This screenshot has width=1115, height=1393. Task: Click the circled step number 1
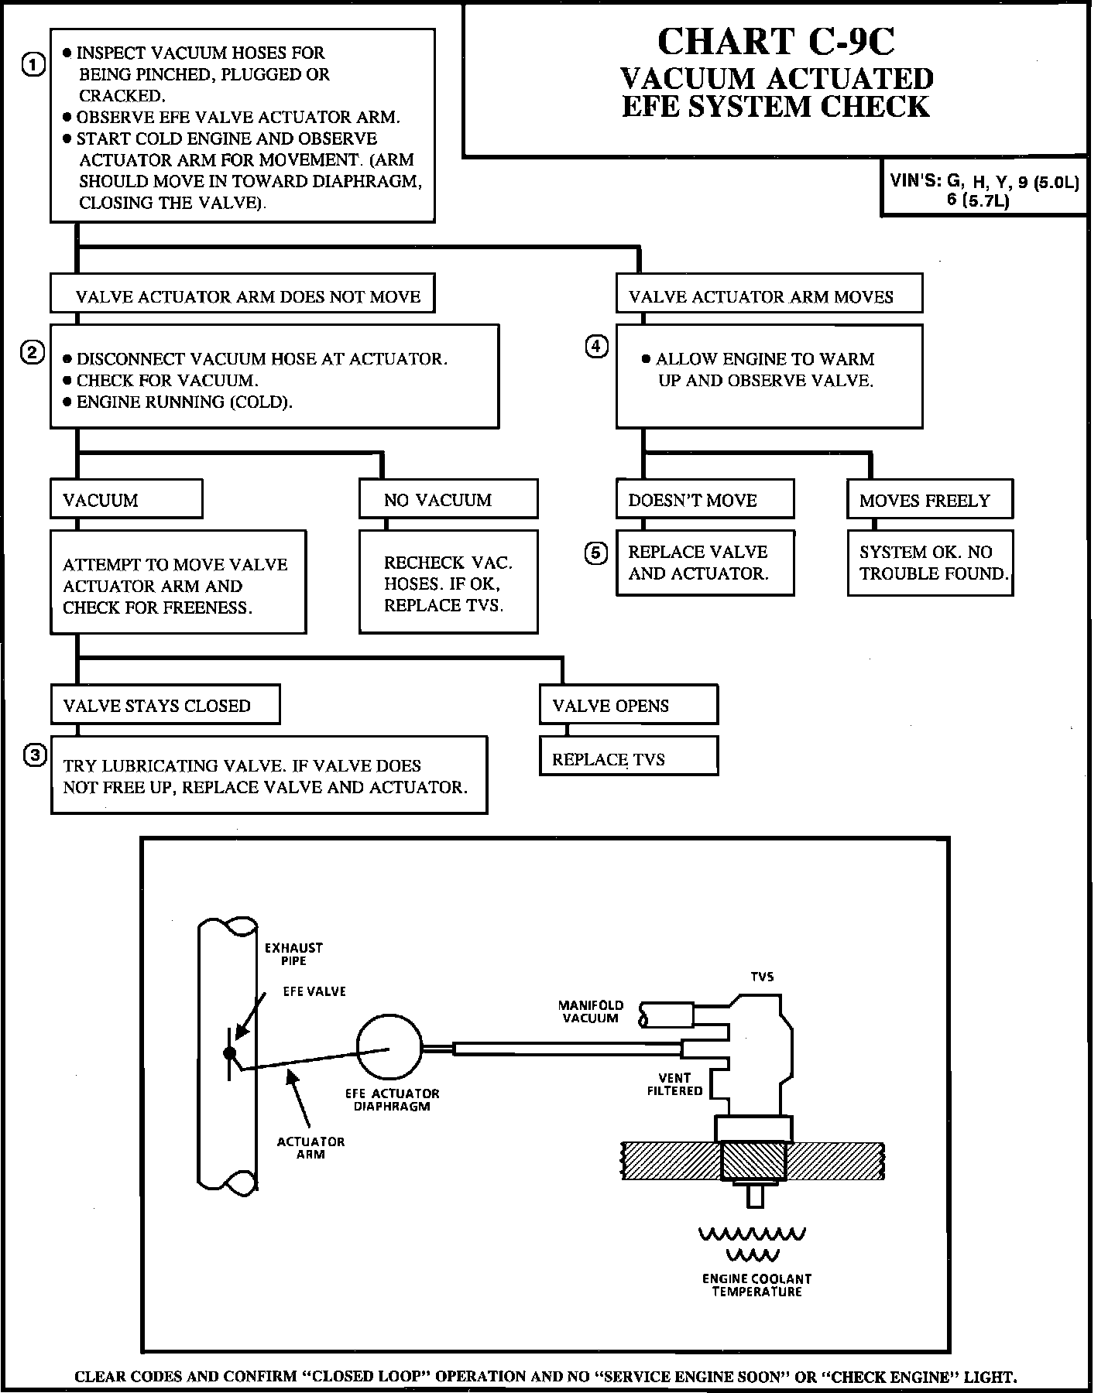pyautogui.click(x=33, y=65)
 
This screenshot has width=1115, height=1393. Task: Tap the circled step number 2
pyautogui.click(x=32, y=354)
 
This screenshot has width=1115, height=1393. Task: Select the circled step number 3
pyautogui.click(x=35, y=755)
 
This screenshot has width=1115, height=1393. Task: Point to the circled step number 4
pyautogui.click(x=596, y=347)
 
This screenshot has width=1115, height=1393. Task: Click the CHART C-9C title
pyautogui.click(x=776, y=42)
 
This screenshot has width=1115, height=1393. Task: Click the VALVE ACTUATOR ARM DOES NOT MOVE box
pyautogui.click(x=242, y=293)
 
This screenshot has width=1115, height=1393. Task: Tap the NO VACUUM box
pyautogui.click(x=448, y=499)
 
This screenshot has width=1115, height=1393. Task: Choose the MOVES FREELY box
pyautogui.click(x=930, y=499)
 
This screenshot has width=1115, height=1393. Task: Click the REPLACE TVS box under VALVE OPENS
pyautogui.click(x=629, y=756)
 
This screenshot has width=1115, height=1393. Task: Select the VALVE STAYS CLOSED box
pyautogui.click(x=165, y=704)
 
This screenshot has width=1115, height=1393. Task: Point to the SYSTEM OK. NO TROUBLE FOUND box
pyautogui.click(x=930, y=563)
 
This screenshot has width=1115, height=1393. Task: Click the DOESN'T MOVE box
pyautogui.click(x=705, y=499)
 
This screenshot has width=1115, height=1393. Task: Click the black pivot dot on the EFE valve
pyautogui.click(x=229, y=1052)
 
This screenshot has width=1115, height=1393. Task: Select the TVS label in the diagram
pyautogui.click(x=762, y=977)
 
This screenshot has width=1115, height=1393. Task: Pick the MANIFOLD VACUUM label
pyautogui.click(x=591, y=1011)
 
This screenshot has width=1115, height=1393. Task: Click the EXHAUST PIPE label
pyautogui.click(x=293, y=954)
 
